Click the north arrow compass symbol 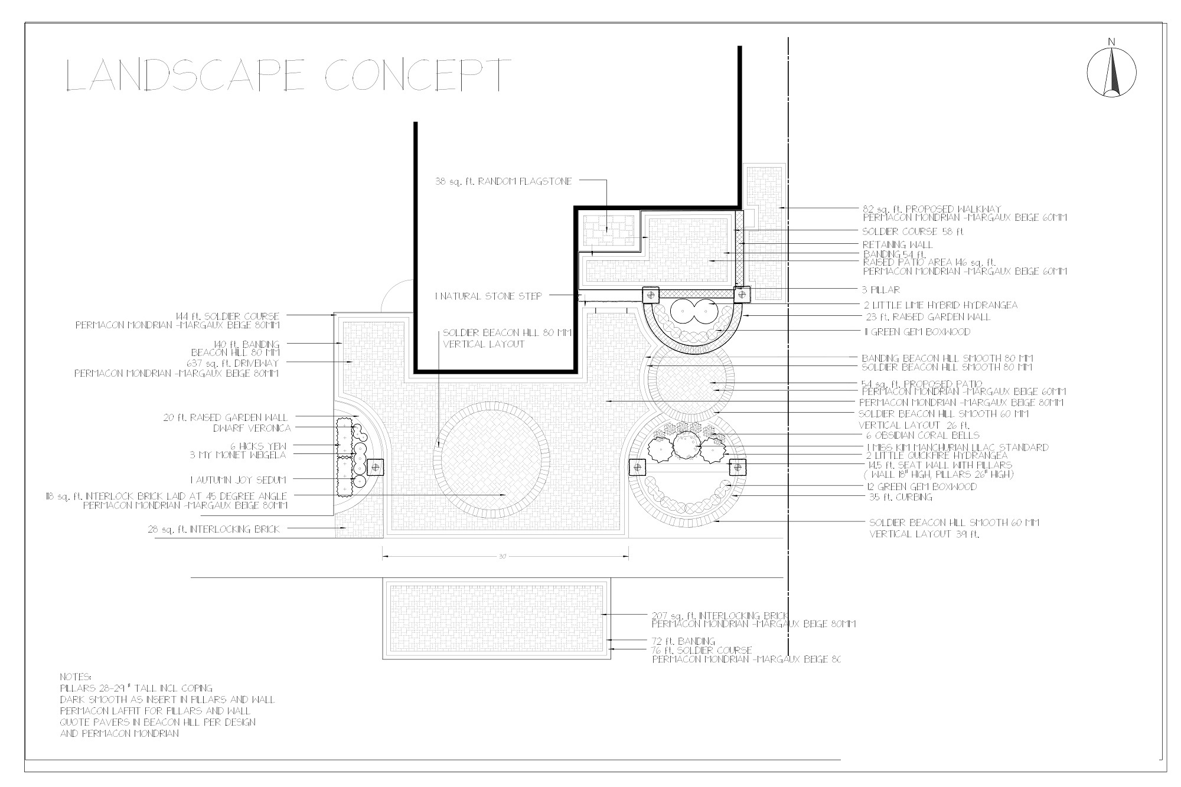click(x=1112, y=73)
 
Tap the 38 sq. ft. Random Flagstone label click(x=504, y=182)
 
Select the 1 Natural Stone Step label click(x=488, y=296)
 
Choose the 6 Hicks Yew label click(x=258, y=446)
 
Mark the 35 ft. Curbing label click(x=901, y=497)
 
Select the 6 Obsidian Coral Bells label click(x=919, y=436)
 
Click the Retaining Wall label click(x=898, y=244)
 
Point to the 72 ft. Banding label click(x=683, y=641)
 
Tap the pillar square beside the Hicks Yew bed click(x=374, y=467)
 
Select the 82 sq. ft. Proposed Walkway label click(x=932, y=209)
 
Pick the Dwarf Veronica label click(x=252, y=428)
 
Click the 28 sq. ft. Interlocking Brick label click(x=214, y=530)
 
